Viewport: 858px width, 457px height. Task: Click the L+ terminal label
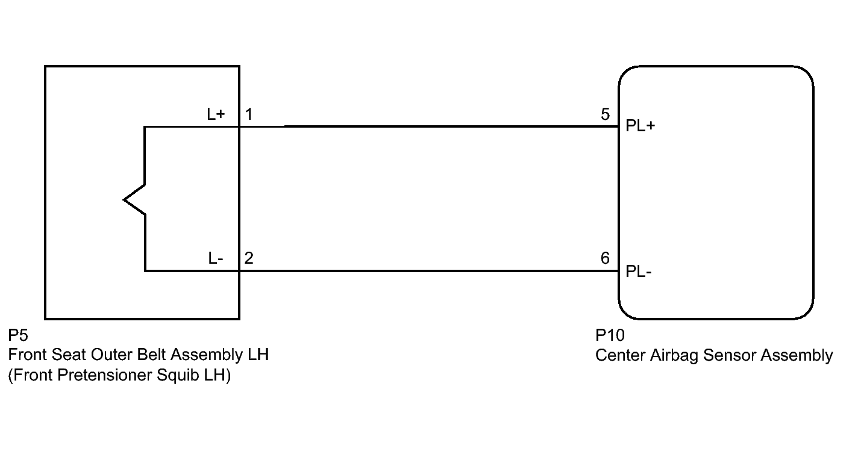click(216, 114)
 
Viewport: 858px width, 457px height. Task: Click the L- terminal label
click(216, 258)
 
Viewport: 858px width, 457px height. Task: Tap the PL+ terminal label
click(640, 126)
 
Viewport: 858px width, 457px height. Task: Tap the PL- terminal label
click(638, 272)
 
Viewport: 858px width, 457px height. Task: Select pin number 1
click(249, 114)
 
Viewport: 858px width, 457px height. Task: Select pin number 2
click(249, 258)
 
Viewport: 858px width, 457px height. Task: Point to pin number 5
click(605, 114)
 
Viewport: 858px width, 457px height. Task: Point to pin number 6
click(605, 258)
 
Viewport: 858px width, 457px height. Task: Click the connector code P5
click(18, 335)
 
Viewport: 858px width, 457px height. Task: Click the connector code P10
click(610, 335)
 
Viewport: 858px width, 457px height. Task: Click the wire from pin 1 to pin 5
click(429, 126)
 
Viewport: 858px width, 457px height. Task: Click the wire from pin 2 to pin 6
click(429, 271)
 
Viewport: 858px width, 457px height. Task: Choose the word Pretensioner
click(105, 375)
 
